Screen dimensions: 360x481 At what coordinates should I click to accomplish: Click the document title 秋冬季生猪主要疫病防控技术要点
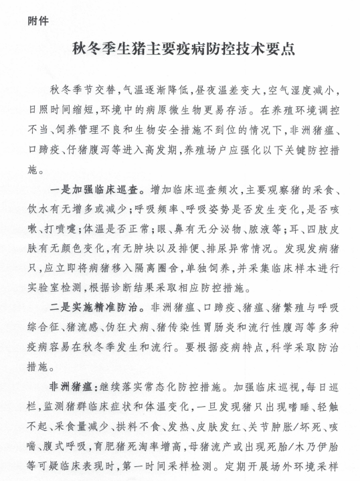click(x=180, y=50)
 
